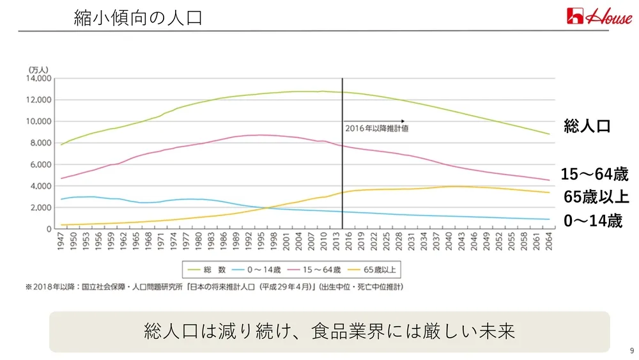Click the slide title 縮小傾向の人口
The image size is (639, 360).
tap(138, 17)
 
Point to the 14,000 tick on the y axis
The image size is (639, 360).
tap(39, 79)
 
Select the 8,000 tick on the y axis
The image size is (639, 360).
tap(41, 143)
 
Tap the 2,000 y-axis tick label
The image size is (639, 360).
tap(41, 208)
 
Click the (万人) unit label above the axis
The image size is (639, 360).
tap(38, 69)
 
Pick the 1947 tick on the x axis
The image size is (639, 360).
tap(61, 242)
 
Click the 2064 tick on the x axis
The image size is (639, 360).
tap(550, 242)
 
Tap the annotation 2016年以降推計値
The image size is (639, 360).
tap(376, 129)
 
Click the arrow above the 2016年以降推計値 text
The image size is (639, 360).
tap(374, 121)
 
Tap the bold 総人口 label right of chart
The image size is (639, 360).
tap(587, 126)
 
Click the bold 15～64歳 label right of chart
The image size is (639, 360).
tap(594, 174)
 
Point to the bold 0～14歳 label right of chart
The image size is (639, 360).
tap(592, 221)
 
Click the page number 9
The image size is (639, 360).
tap(631, 350)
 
